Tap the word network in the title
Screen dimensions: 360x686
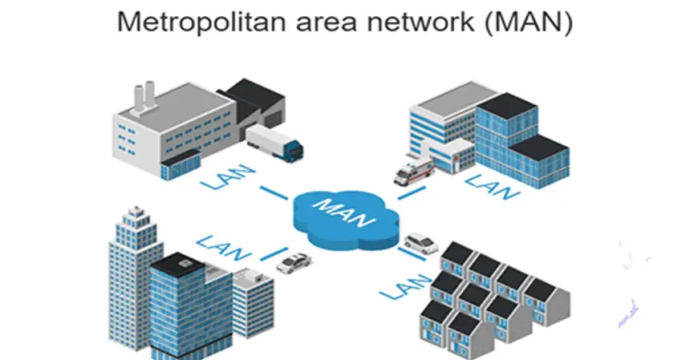434,22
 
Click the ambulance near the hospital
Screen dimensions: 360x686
414,170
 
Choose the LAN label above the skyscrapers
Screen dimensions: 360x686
219,243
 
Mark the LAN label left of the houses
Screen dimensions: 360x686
407,285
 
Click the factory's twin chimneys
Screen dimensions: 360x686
143,97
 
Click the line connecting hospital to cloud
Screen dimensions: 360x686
409,192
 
